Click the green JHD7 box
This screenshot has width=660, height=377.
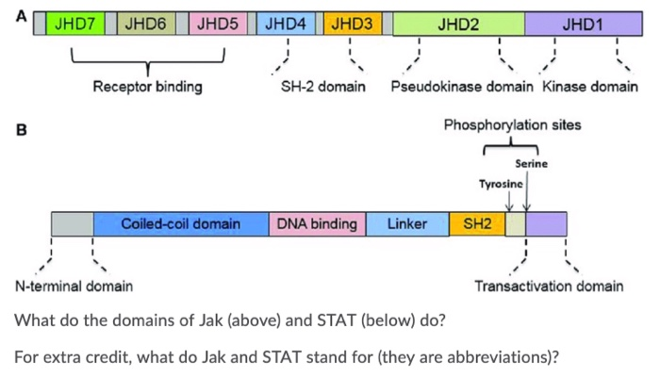[x=75, y=25]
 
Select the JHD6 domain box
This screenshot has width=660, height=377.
[x=150, y=25]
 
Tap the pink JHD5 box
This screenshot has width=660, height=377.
[x=218, y=25]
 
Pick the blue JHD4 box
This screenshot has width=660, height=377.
[x=285, y=25]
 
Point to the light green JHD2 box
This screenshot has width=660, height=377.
[x=458, y=25]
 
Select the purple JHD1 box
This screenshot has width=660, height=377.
[x=582, y=25]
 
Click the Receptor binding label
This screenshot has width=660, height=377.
[x=147, y=88]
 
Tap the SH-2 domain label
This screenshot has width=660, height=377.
[x=323, y=88]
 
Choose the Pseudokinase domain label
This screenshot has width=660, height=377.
[x=464, y=88]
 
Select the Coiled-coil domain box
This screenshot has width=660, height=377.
[x=181, y=224]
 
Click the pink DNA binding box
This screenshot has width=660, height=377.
[x=316, y=224]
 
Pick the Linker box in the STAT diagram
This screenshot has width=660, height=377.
[x=406, y=224]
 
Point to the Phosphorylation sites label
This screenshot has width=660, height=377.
[x=513, y=125]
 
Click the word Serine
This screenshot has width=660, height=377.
[x=531, y=164]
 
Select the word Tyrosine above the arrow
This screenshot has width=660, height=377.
[x=501, y=182]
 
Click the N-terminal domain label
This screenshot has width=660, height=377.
[x=74, y=286]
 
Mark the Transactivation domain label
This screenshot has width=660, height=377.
[x=549, y=286]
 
